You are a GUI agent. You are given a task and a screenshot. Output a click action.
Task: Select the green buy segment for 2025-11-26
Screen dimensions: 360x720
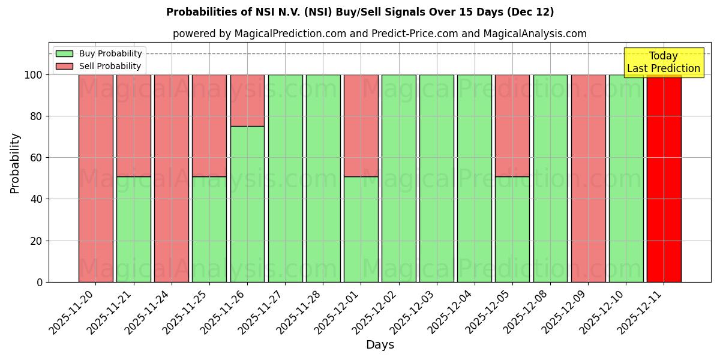coord(247,204)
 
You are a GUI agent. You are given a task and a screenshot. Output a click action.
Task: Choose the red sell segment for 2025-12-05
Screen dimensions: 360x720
coord(512,125)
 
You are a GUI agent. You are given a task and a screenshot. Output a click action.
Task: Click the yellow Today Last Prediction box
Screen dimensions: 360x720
coord(663,62)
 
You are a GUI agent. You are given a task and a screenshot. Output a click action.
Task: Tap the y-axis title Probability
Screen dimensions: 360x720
coord(15,163)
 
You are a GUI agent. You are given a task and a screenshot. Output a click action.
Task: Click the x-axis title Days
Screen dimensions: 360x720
coord(380,345)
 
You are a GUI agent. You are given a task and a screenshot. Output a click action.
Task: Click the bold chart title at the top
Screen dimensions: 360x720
coord(360,12)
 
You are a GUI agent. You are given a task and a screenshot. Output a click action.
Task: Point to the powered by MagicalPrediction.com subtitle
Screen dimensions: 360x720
coord(379,34)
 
